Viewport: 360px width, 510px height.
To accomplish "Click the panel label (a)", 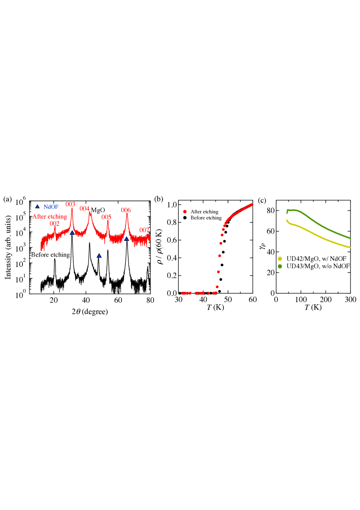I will click(x=7, y=199).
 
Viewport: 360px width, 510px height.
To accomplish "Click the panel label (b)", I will click(x=159, y=199).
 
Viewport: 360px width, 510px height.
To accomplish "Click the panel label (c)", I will click(x=262, y=200).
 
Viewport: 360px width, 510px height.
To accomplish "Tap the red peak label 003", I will click(x=70, y=204).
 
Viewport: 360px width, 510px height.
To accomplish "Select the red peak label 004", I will click(x=85, y=209).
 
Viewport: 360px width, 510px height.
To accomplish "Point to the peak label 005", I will click(x=106, y=217).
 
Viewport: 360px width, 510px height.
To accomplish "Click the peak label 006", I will click(x=126, y=210).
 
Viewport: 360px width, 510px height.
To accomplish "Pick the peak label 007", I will click(x=144, y=230).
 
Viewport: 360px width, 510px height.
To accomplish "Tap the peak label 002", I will click(x=54, y=224).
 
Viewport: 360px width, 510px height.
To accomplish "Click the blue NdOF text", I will click(x=51, y=207).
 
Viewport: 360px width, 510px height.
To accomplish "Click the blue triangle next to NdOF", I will click(x=37, y=207).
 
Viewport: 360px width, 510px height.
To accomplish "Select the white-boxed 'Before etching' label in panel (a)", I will click(x=50, y=255).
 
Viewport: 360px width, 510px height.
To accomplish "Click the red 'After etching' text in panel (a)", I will click(x=49, y=216).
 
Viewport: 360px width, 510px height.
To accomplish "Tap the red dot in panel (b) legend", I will click(x=185, y=211).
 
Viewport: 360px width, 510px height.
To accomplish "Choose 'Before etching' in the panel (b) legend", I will click(x=206, y=218).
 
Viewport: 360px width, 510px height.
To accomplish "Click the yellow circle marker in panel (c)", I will click(x=280, y=259).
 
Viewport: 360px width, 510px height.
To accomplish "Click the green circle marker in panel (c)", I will click(x=280, y=266).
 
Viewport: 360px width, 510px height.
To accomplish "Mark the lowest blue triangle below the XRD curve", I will click(x=99, y=256).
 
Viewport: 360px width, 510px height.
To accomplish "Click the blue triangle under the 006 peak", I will click(x=127, y=239).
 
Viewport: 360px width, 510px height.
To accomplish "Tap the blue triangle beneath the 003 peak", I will click(x=72, y=233).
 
